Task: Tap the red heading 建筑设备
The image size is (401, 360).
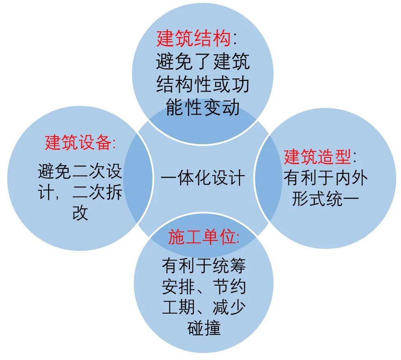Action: click(x=78, y=143)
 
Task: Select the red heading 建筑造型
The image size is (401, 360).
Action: click(x=317, y=157)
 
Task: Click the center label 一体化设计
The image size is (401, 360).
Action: click(x=203, y=178)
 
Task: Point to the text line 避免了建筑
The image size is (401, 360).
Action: click(x=203, y=62)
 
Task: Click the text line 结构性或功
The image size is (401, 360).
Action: click(x=203, y=85)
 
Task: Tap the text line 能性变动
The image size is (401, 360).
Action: click(x=203, y=108)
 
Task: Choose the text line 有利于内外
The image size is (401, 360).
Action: click(x=325, y=178)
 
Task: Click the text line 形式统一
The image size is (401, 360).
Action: click(x=325, y=199)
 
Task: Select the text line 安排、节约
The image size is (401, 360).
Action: click(x=204, y=287)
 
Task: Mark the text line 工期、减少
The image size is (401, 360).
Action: click(x=204, y=307)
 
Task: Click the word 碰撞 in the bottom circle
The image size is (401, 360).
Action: click(x=204, y=328)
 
